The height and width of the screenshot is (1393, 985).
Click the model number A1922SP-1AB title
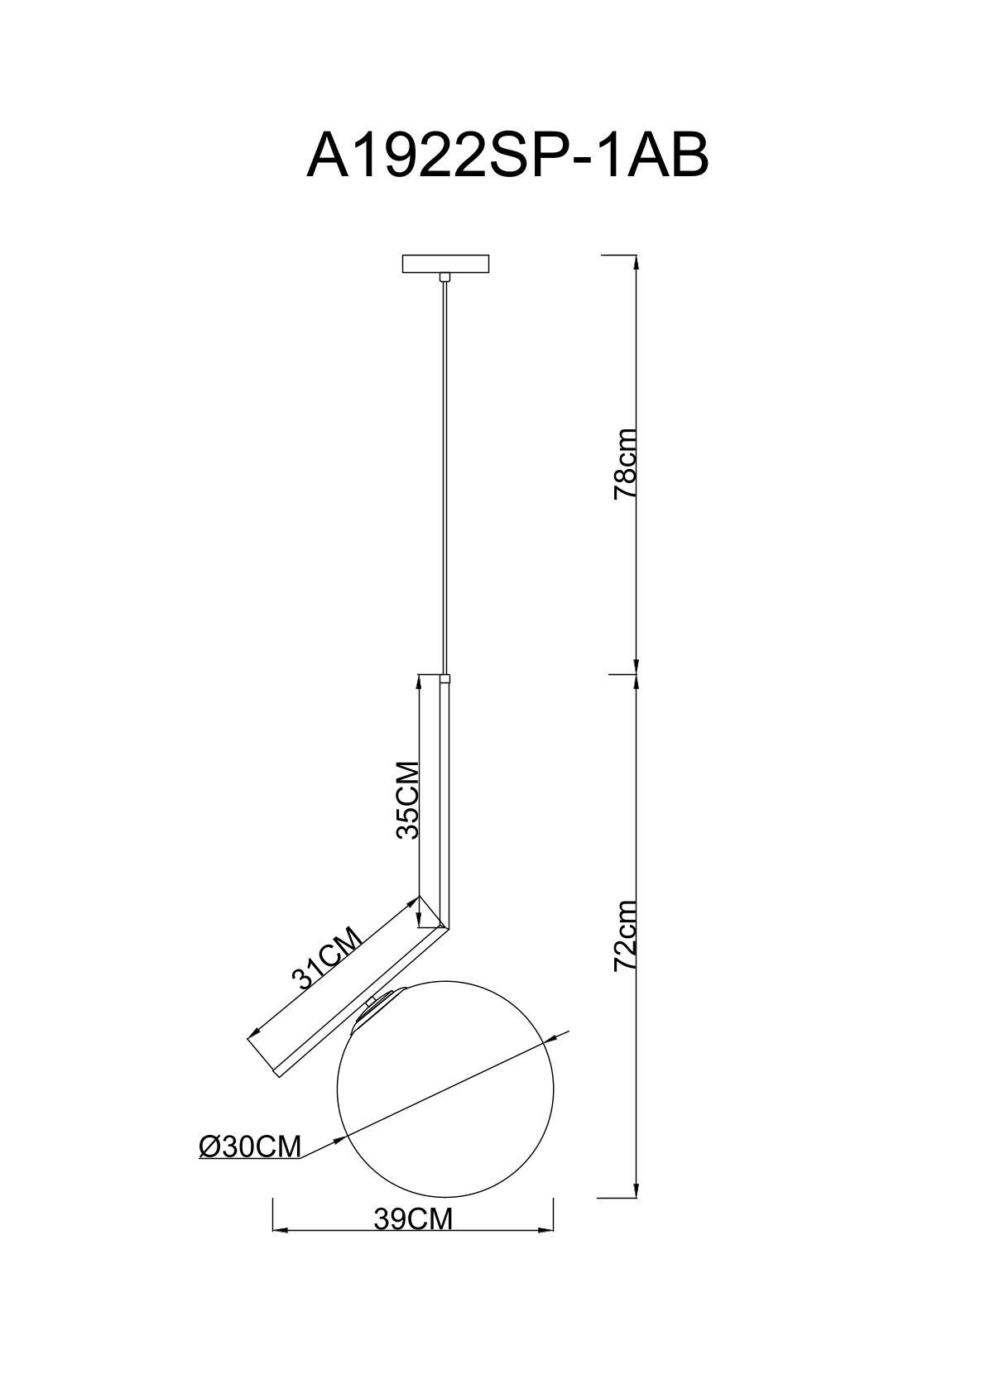tap(507, 156)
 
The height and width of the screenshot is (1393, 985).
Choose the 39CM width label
tap(413, 1219)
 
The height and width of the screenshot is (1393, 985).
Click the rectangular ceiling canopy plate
tap(445, 264)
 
